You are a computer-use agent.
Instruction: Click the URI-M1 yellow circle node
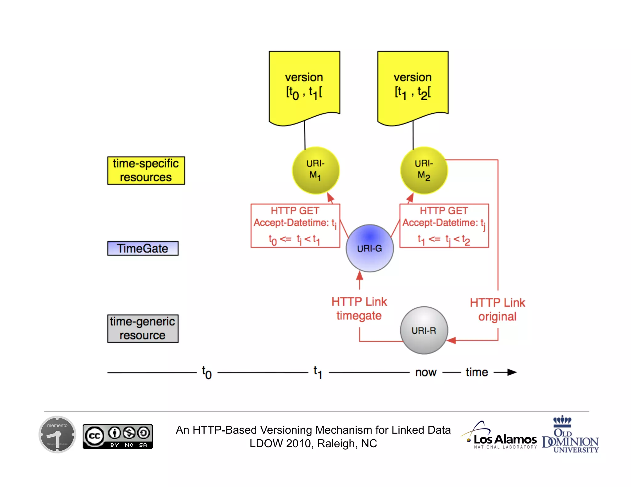(315, 170)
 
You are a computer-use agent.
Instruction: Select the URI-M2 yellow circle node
(424, 170)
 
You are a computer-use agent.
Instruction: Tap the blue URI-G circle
(369, 248)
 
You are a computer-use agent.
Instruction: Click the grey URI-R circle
(424, 330)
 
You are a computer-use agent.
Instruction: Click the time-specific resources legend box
(146, 171)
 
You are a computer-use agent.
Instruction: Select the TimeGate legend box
(143, 248)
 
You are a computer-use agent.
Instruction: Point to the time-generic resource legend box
(143, 328)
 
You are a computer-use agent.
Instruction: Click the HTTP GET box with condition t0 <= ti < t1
(295, 226)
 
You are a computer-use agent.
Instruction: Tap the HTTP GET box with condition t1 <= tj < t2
(444, 226)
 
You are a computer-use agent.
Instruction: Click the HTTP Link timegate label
(359, 308)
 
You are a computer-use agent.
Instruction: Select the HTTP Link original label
(497, 309)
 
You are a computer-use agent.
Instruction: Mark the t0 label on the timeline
(207, 372)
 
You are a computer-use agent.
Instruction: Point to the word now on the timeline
(426, 372)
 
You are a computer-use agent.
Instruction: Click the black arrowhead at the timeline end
(512, 372)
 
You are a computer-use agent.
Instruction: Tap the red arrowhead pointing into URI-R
(451, 340)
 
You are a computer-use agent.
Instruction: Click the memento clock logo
(57, 434)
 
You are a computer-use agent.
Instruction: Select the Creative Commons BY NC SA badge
(118, 437)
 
